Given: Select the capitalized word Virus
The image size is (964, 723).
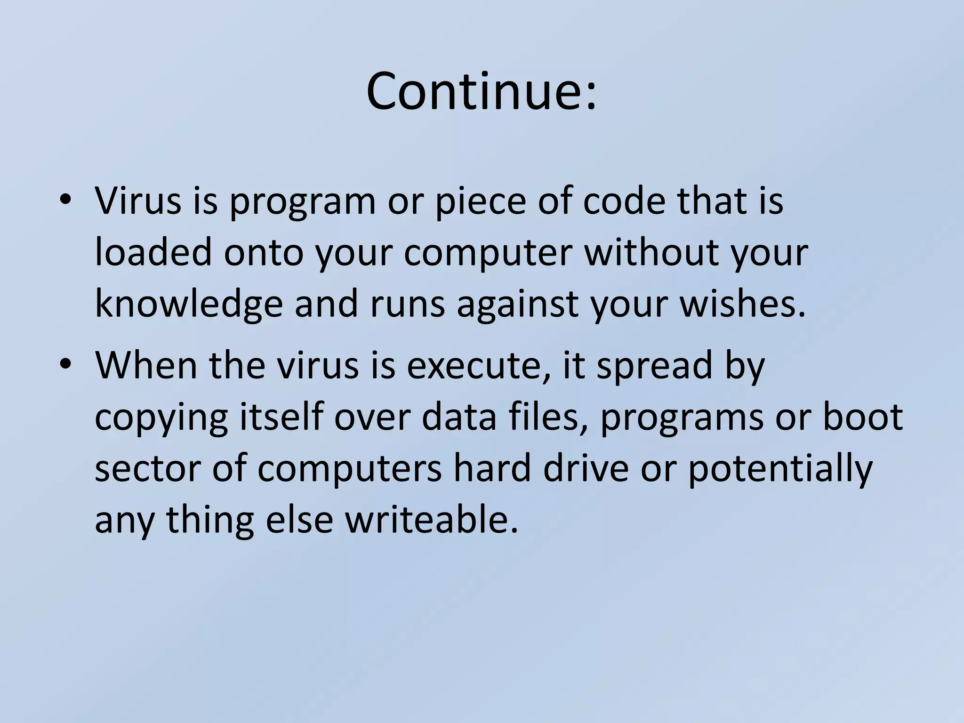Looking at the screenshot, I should [x=137, y=201].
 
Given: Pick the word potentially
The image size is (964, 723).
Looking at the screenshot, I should [x=779, y=470].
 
